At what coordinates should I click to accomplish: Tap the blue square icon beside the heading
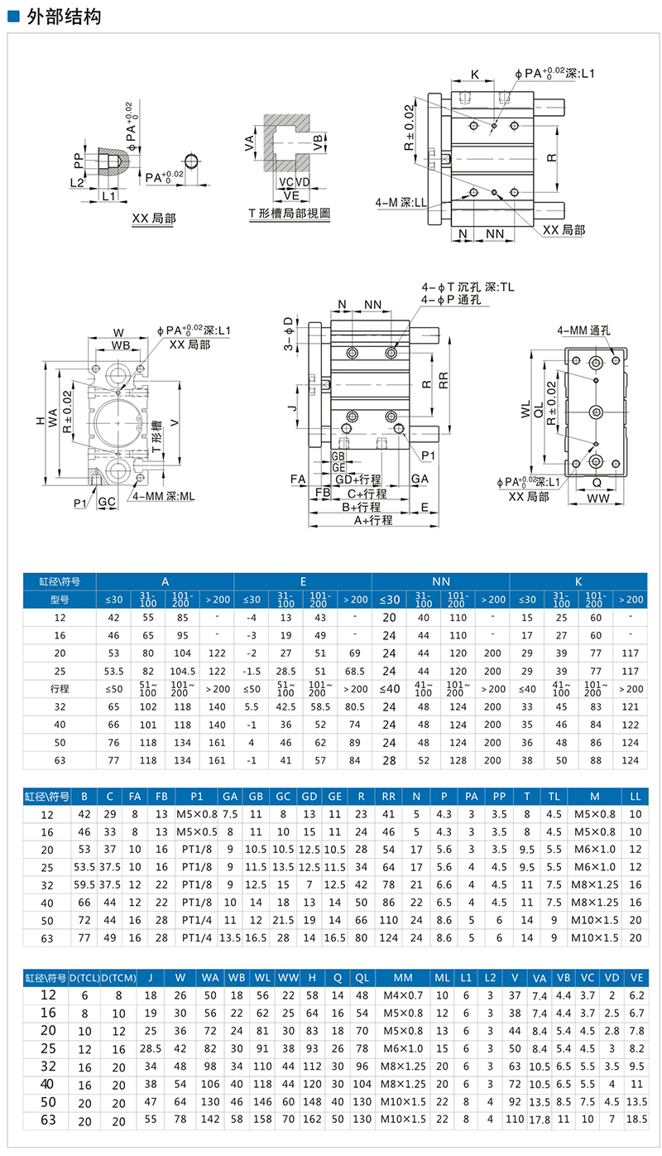[12, 17]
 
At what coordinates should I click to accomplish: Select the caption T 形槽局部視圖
[290, 213]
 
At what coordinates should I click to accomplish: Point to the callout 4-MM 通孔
[584, 330]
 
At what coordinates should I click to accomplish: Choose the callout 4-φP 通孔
[450, 300]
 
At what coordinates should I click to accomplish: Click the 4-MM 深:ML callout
[163, 496]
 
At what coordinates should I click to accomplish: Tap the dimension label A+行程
[373, 520]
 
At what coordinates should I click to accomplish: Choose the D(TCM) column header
[117, 977]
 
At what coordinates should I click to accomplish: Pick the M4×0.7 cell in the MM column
[402, 995]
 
